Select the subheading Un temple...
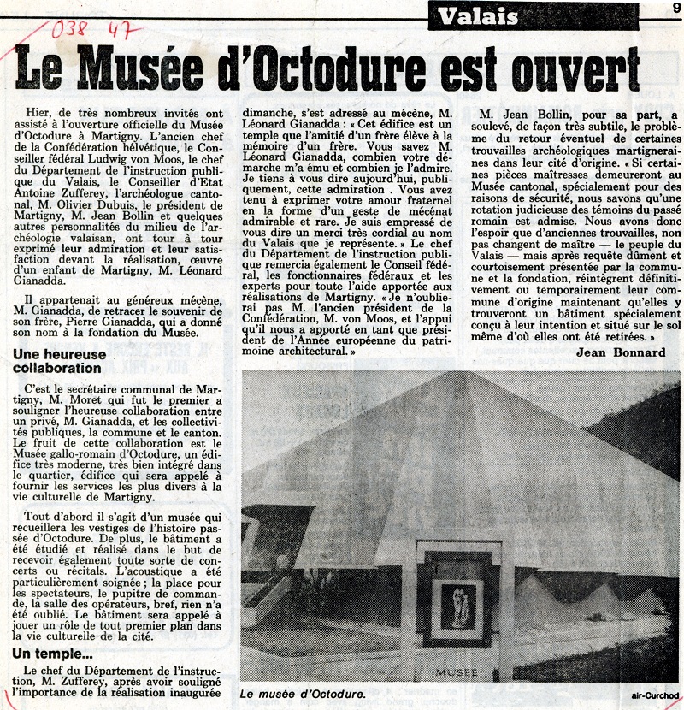(x=52, y=654)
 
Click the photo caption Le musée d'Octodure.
(x=303, y=695)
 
